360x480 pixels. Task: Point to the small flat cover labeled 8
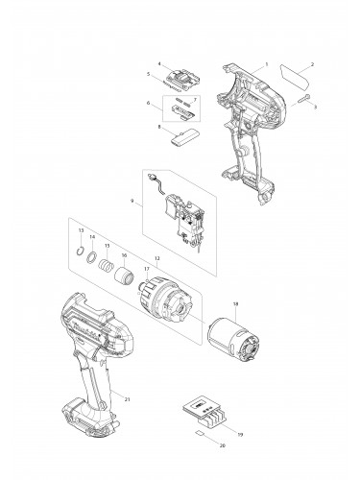tap(178, 135)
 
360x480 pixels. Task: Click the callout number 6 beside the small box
tap(147, 103)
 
